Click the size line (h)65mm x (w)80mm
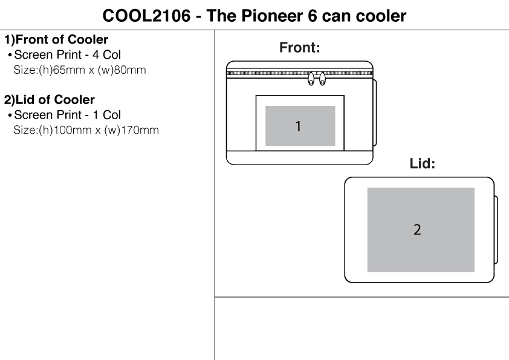[79, 70]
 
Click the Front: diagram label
[300, 48]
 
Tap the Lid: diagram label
[423, 164]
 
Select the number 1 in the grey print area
[298, 126]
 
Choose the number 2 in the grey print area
[417, 230]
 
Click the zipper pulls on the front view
[317, 79]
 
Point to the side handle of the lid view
[496, 230]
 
